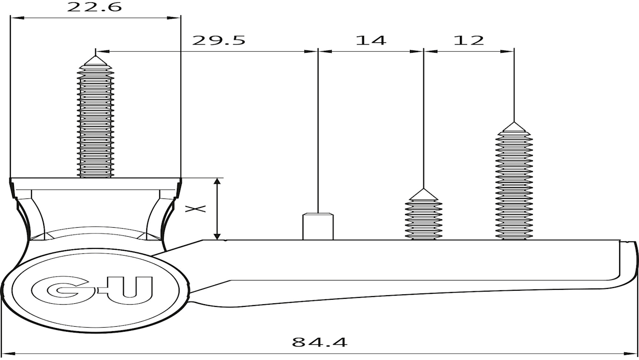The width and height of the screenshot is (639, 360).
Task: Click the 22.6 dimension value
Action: coord(94,7)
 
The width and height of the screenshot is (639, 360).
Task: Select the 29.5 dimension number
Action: coord(219,40)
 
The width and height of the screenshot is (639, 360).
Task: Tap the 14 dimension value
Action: coord(371,40)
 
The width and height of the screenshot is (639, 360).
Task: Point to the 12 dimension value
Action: coord(469,40)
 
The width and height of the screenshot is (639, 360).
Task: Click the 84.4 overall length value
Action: coord(319,342)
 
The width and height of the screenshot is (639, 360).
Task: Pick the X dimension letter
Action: coord(196,209)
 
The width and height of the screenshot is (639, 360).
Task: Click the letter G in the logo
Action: coord(63,290)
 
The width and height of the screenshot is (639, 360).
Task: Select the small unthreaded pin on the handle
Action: coord(318,226)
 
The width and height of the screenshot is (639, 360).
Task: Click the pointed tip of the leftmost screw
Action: coord(95,56)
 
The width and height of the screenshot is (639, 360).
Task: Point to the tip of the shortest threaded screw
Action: coord(423,189)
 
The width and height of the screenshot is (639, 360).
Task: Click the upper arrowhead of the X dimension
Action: coord(217,181)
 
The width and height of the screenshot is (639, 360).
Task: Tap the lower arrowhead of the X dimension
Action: coord(217,236)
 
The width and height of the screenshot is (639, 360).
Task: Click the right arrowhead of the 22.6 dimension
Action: coord(174,18)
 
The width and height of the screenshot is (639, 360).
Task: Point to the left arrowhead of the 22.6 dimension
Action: coord(17,18)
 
